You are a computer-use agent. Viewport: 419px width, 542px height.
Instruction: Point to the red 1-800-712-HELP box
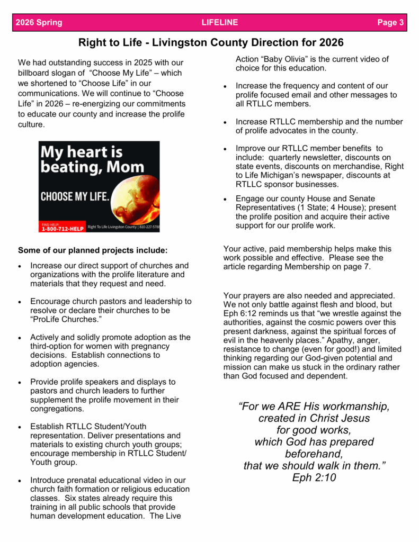coord(63,227)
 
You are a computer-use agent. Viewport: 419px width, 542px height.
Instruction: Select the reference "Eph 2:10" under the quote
coord(314,478)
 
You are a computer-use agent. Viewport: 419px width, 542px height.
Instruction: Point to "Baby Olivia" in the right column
coord(281,59)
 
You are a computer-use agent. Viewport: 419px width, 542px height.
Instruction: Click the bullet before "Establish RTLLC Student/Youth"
coord(20,427)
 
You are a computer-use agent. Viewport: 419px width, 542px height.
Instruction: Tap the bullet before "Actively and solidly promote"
coord(20,338)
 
